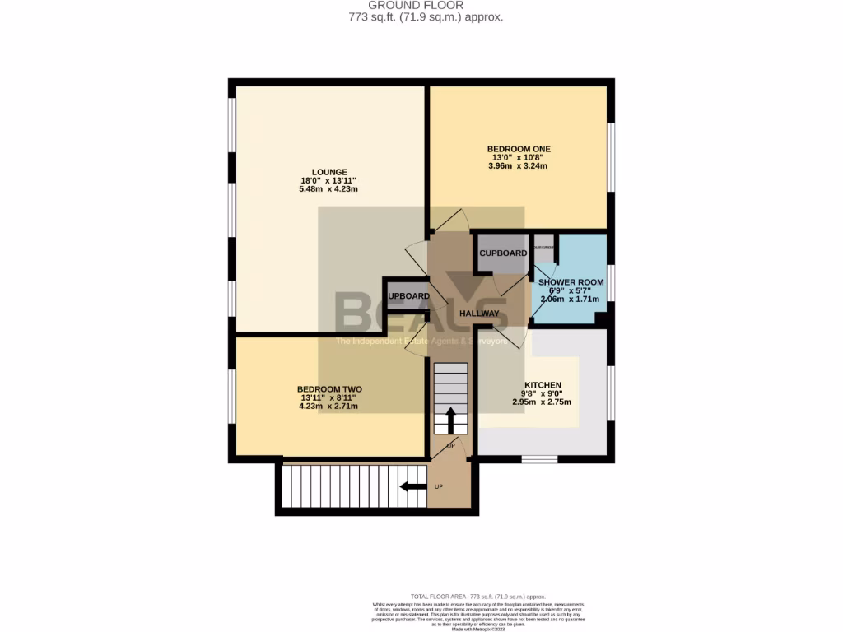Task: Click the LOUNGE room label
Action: click(329, 172)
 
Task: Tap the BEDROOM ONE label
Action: click(518, 149)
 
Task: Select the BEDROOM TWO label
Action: click(329, 389)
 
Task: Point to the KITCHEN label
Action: click(543, 385)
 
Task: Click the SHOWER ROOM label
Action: click(571, 282)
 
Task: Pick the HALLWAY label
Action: click(480, 314)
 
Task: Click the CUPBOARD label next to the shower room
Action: click(503, 253)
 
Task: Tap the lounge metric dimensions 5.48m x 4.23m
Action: click(329, 189)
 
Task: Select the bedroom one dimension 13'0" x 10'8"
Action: click(518, 157)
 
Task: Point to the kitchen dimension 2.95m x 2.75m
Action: click(543, 402)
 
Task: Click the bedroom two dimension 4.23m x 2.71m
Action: click(329, 407)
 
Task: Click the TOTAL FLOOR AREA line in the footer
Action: click(477, 597)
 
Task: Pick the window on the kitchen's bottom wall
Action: click(540, 458)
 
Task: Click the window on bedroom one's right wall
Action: click(611, 156)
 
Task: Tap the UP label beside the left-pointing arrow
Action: click(438, 487)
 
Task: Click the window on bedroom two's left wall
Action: click(232, 395)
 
